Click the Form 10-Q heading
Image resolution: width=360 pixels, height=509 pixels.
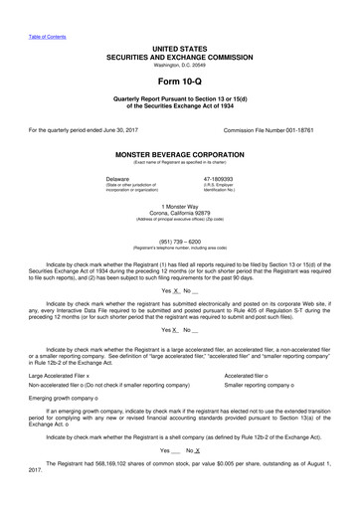point(180,80)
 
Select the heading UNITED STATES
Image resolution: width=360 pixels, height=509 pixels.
point(180,48)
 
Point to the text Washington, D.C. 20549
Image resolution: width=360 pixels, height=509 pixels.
point(180,65)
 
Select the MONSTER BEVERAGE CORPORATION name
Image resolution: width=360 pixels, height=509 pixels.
point(180,155)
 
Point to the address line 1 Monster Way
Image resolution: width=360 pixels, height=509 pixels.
point(180,205)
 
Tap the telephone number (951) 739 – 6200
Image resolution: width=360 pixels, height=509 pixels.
point(180,239)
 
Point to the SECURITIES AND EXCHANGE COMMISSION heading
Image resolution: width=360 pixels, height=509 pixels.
point(180,57)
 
